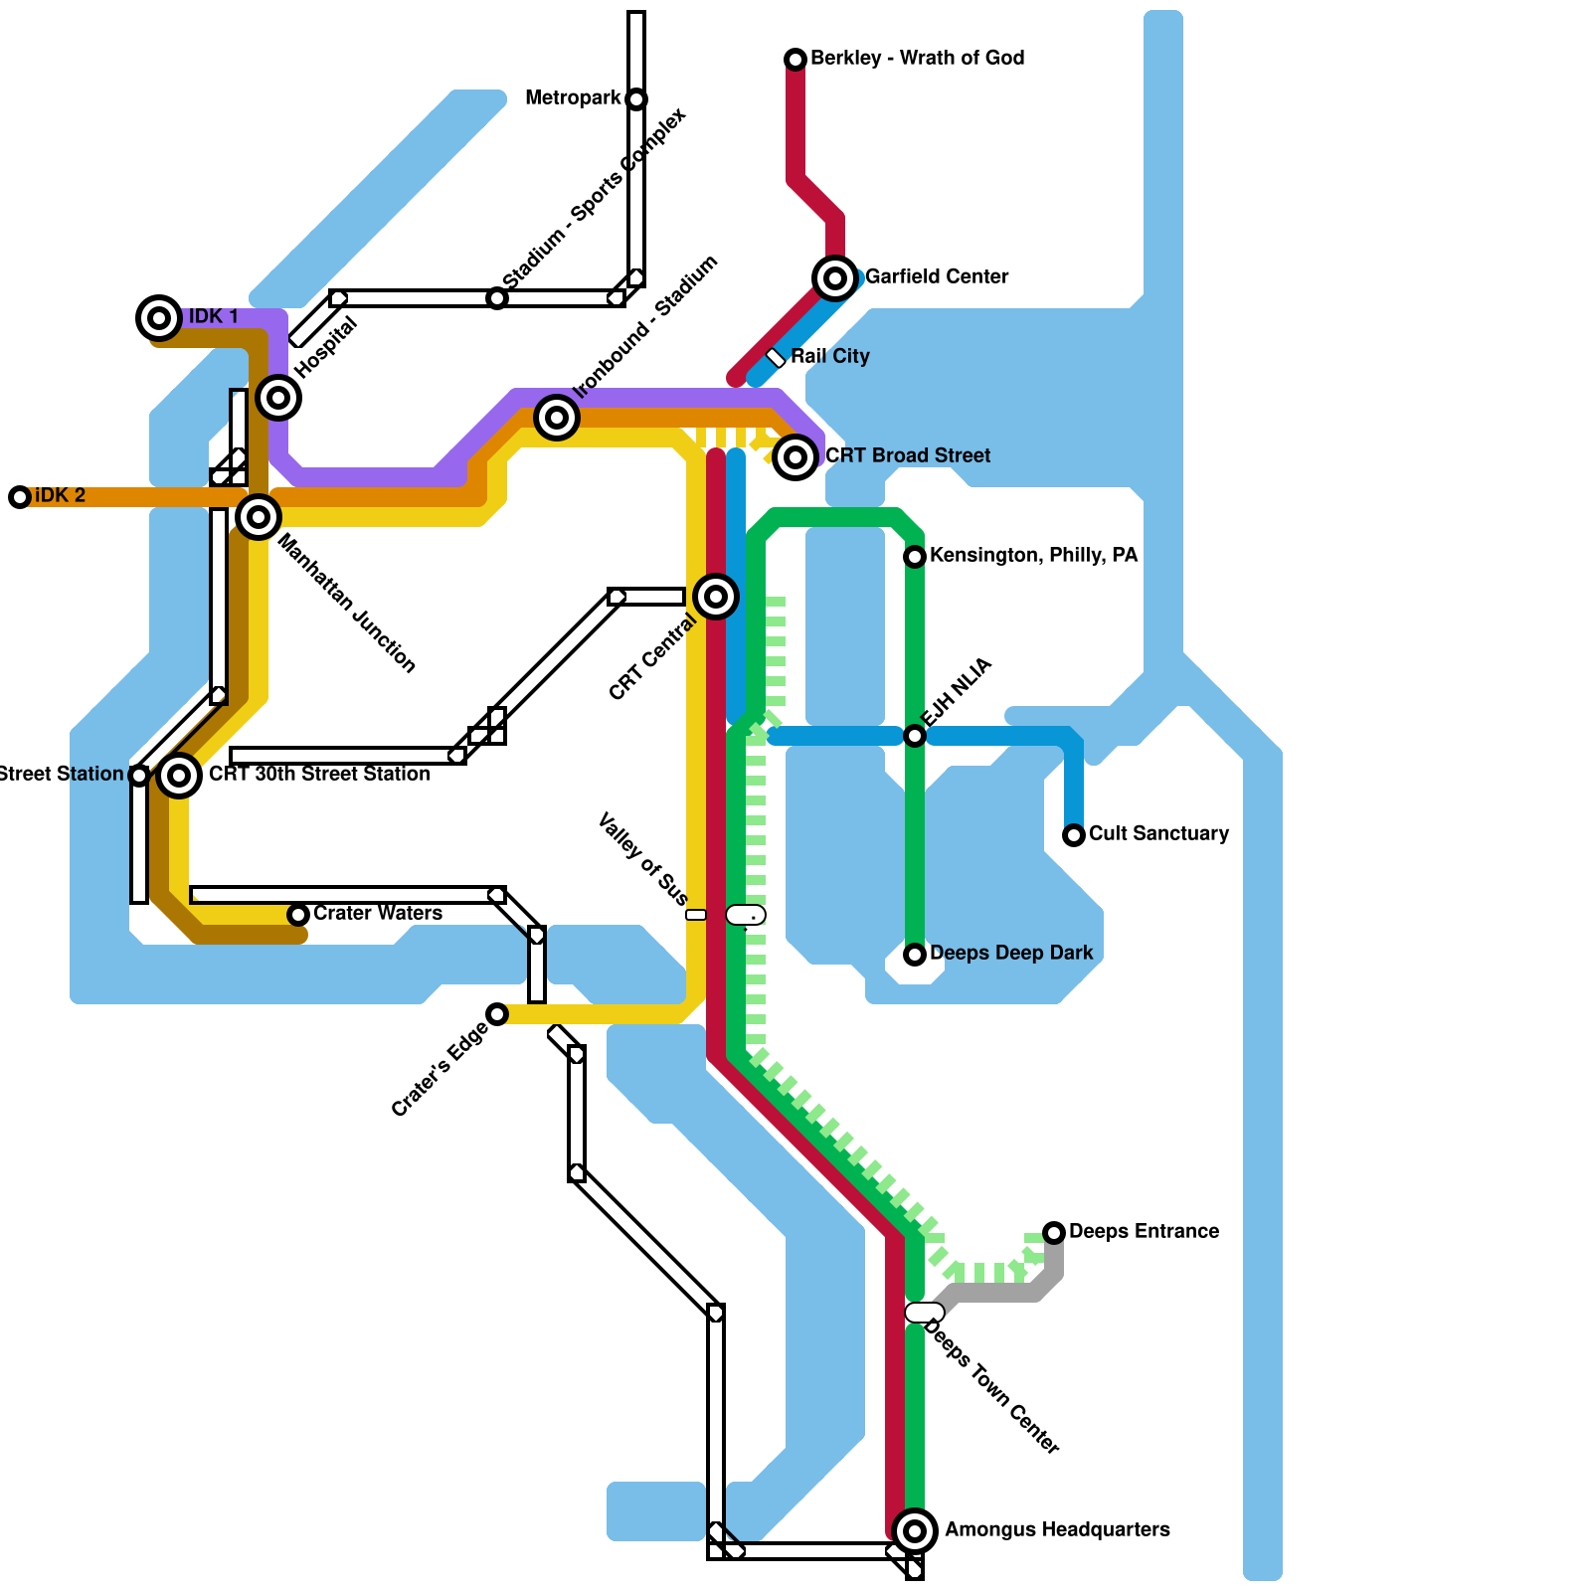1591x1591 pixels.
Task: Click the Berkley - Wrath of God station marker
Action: coord(795,60)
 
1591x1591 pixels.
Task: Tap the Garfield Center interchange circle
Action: coord(835,278)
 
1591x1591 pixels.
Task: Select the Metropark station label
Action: coord(573,97)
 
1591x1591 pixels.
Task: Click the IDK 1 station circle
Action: coord(158,318)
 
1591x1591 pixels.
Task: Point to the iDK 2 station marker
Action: coord(20,497)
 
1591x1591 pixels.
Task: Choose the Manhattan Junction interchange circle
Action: coord(259,517)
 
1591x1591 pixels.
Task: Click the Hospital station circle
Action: coord(278,398)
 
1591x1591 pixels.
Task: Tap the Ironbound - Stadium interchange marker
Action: coord(557,418)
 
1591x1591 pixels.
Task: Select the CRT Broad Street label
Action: coord(908,455)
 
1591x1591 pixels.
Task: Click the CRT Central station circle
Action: coord(716,597)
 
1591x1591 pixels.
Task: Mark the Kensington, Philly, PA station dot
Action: coord(915,557)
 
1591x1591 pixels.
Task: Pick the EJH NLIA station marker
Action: coord(915,736)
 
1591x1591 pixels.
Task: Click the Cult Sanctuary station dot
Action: coord(1074,835)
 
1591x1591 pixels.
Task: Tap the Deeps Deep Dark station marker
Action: coord(915,955)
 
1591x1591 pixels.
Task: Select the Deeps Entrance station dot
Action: coord(1054,1233)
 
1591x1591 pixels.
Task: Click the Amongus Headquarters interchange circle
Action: coord(915,1530)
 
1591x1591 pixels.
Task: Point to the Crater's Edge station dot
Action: coord(497,1014)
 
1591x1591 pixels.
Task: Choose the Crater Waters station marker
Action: coord(298,915)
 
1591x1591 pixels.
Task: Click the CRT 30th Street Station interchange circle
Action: coord(179,776)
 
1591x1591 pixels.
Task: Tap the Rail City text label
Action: coord(830,356)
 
